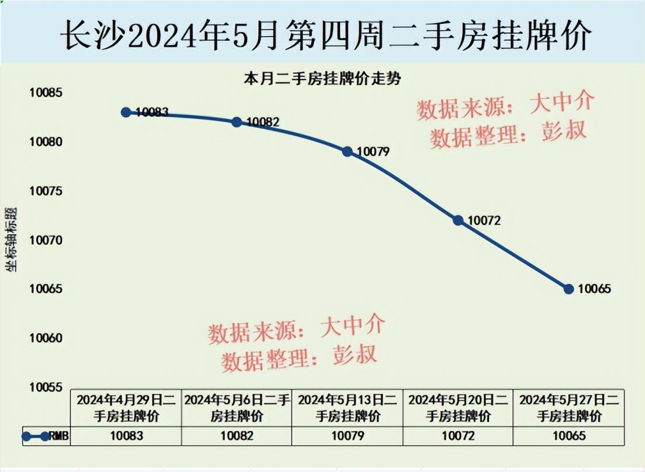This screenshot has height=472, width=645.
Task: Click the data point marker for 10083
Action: (126, 112)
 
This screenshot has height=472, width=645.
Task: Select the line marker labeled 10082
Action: (236, 122)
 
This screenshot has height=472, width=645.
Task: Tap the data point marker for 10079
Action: (348, 152)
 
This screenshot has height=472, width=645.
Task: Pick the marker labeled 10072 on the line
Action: (458, 220)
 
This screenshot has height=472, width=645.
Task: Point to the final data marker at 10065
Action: (569, 289)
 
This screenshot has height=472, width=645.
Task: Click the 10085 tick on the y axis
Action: (47, 93)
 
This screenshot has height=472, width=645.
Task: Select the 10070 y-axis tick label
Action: (47, 240)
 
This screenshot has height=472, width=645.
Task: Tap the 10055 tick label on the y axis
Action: (47, 388)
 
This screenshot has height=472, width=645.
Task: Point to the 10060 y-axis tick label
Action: (47, 339)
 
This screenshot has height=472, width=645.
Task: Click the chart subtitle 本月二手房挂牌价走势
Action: (322, 80)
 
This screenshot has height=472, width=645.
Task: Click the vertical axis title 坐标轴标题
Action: (12, 239)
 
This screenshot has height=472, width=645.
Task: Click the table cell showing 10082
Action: (237, 436)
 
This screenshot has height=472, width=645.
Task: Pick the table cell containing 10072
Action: (458, 436)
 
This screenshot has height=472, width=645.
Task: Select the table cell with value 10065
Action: (569, 436)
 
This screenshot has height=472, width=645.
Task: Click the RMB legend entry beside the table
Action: (46, 436)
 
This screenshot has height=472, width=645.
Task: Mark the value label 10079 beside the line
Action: (373, 152)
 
